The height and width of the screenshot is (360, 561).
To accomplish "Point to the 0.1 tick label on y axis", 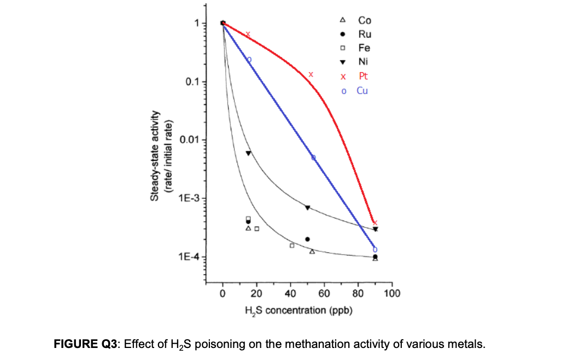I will (x=192, y=82).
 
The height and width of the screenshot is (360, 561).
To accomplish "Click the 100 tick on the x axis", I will (x=392, y=294).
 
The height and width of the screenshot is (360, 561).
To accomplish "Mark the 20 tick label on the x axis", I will (x=256, y=294).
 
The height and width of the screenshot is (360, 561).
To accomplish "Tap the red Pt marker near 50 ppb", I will (x=311, y=74).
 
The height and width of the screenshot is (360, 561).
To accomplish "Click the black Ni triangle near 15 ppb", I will (x=248, y=153).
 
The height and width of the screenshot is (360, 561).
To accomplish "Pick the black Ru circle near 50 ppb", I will (x=307, y=239).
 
